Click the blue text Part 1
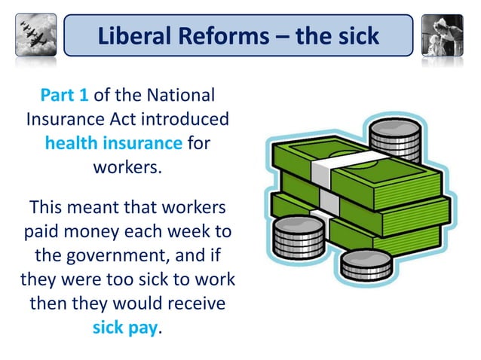pyautogui.click(x=64, y=97)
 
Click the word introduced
pyautogui.click(x=182, y=120)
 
